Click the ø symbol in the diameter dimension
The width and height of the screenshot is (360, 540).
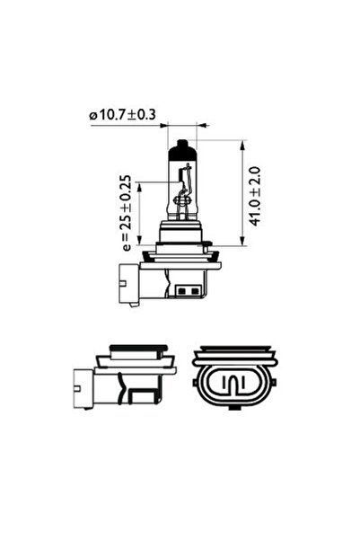(x=92, y=115)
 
